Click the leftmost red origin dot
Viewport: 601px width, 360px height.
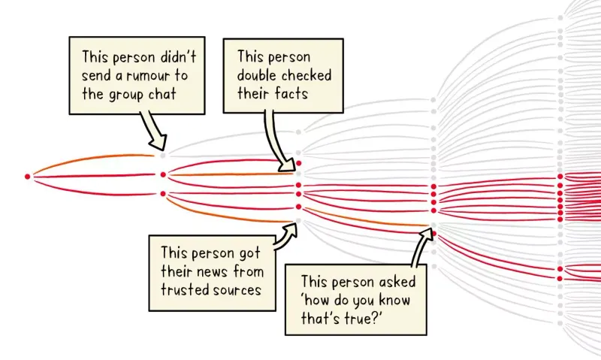tap(27, 177)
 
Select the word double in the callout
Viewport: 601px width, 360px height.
tap(258, 75)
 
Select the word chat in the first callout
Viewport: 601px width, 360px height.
tap(162, 94)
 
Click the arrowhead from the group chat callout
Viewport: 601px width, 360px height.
tap(159, 143)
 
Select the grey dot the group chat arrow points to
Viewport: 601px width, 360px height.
tap(163, 156)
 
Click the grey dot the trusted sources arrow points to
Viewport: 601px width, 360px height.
tap(298, 220)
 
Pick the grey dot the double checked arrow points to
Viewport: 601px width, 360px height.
tap(298, 174)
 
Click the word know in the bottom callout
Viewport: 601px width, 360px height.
tap(395, 300)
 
